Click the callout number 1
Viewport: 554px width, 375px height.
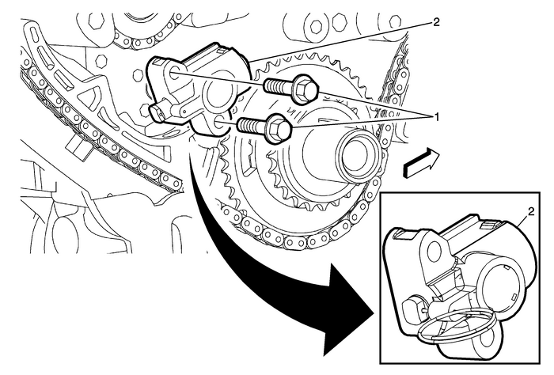coord(433,116)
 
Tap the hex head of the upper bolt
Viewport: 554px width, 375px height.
coord(305,89)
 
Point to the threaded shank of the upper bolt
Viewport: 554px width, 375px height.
coord(273,85)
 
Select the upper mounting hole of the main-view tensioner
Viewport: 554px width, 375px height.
coord(174,73)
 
